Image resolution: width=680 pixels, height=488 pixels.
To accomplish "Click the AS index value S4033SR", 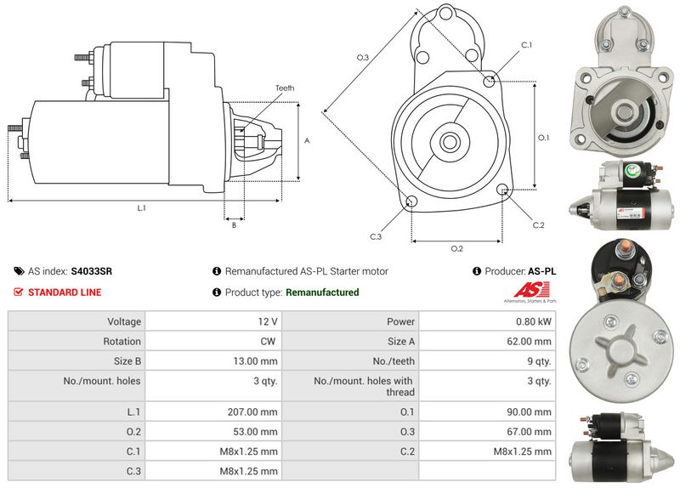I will point(92,271).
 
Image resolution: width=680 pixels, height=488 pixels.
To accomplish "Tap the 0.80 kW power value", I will point(534,321).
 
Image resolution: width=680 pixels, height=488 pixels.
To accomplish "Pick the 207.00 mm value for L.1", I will point(254,411).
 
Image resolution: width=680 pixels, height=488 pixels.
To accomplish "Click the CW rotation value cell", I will point(269,341).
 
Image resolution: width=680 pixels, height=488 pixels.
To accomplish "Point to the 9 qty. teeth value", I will point(537,361).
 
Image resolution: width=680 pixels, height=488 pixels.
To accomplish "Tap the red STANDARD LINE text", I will point(65,292).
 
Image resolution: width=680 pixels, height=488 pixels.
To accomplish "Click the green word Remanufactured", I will point(322,292).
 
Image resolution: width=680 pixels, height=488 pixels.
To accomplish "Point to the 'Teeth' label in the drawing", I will point(285,88).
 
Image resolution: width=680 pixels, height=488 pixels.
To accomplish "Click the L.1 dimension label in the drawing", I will point(141,208).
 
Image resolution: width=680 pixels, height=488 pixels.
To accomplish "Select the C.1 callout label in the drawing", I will point(525,44).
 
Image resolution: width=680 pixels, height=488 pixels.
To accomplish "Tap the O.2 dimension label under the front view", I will point(456,248).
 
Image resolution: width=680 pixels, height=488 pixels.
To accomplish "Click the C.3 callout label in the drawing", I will point(376,236).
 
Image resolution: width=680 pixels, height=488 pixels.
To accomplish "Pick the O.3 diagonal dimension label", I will point(362,57).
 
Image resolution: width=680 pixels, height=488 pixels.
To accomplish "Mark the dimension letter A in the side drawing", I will point(306,141).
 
